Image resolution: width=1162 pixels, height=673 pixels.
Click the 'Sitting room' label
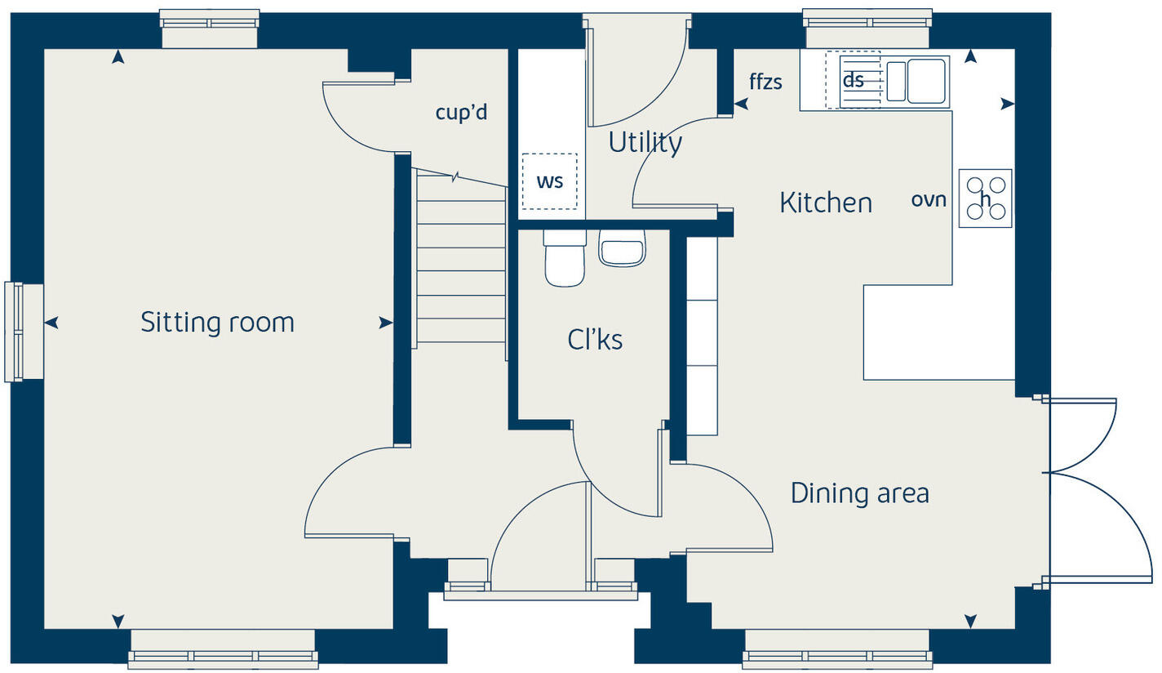pyautogui.click(x=217, y=322)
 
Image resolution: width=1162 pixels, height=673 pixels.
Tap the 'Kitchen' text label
pyautogui.click(x=825, y=203)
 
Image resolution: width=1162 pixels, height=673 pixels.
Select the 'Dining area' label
pyautogui.click(x=859, y=493)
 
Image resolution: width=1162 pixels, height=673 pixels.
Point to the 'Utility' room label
pyautogui.click(x=645, y=143)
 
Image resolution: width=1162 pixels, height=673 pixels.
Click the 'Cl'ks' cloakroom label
pyautogui.click(x=595, y=339)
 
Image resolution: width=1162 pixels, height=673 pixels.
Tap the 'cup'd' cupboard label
pyautogui.click(x=461, y=112)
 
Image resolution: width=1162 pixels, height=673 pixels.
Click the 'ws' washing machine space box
pyautogui.click(x=549, y=181)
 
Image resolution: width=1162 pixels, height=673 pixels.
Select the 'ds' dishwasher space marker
pyautogui.click(x=853, y=80)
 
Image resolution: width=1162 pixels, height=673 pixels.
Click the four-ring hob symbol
pyautogui.click(x=985, y=198)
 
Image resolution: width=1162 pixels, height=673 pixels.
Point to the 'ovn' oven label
pyautogui.click(x=928, y=198)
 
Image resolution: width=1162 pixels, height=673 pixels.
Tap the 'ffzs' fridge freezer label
pyautogui.click(x=765, y=81)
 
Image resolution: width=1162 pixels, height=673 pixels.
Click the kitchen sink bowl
pyautogui.click(x=925, y=82)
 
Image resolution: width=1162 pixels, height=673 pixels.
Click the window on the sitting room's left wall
pyautogui.click(x=24, y=331)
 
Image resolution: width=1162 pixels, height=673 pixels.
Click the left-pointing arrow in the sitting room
pyautogui.click(x=51, y=323)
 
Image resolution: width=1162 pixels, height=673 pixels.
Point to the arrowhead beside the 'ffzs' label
pyautogui.click(x=741, y=104)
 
